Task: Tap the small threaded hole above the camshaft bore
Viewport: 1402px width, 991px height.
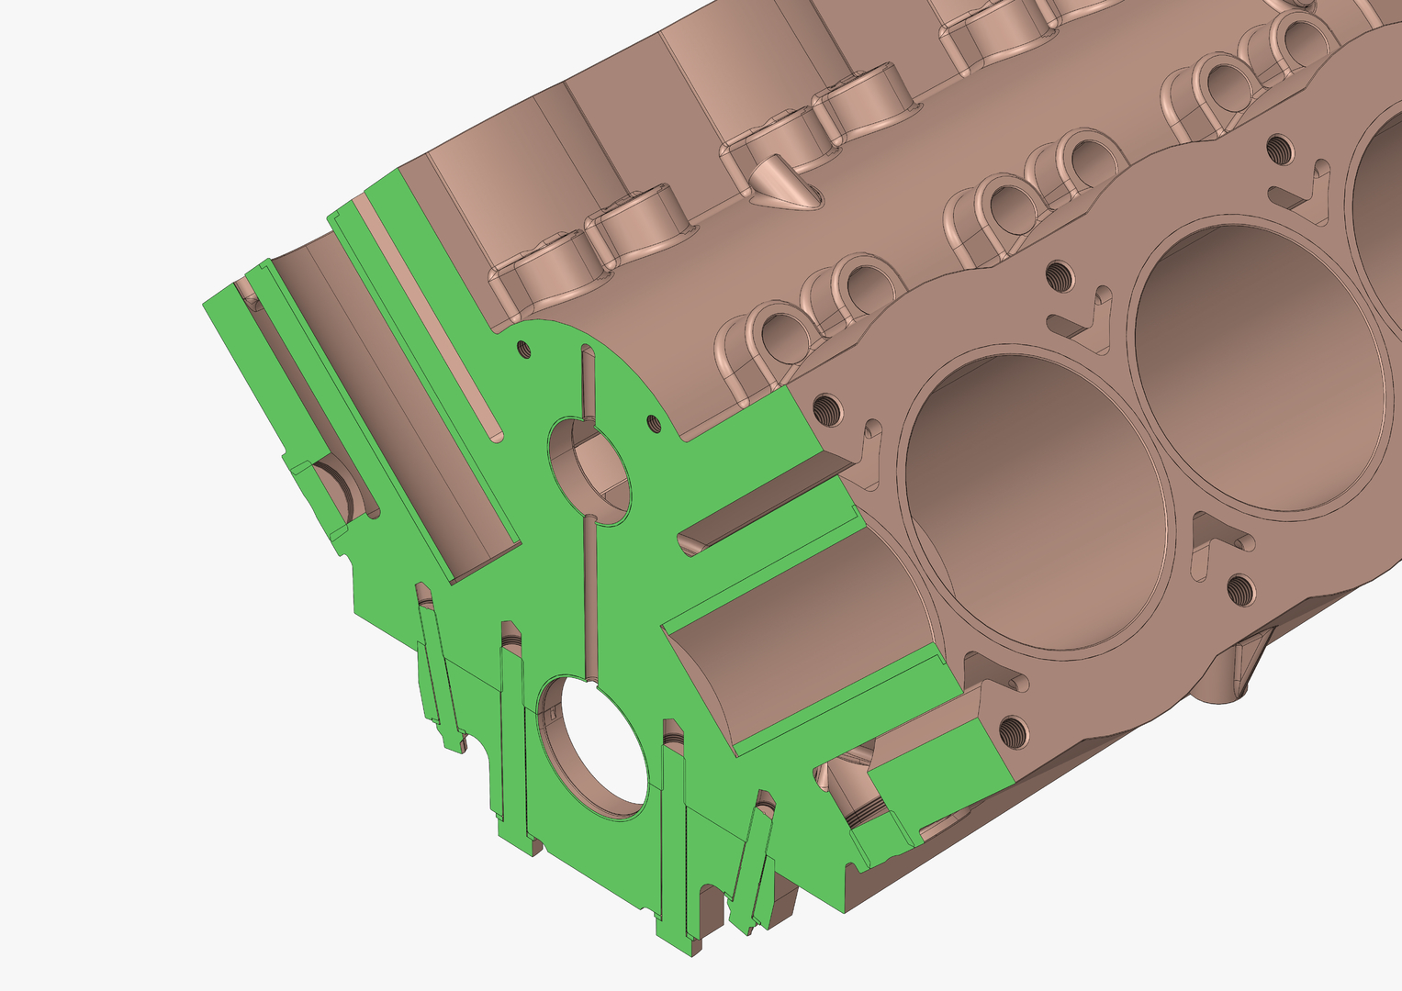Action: [x=524, y=348]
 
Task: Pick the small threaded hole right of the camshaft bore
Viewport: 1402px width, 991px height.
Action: [x=653, y=422]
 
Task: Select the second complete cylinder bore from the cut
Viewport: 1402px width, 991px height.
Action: [x=1258, y=367]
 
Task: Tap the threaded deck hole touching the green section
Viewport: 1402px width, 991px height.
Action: [x=826, y=405]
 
